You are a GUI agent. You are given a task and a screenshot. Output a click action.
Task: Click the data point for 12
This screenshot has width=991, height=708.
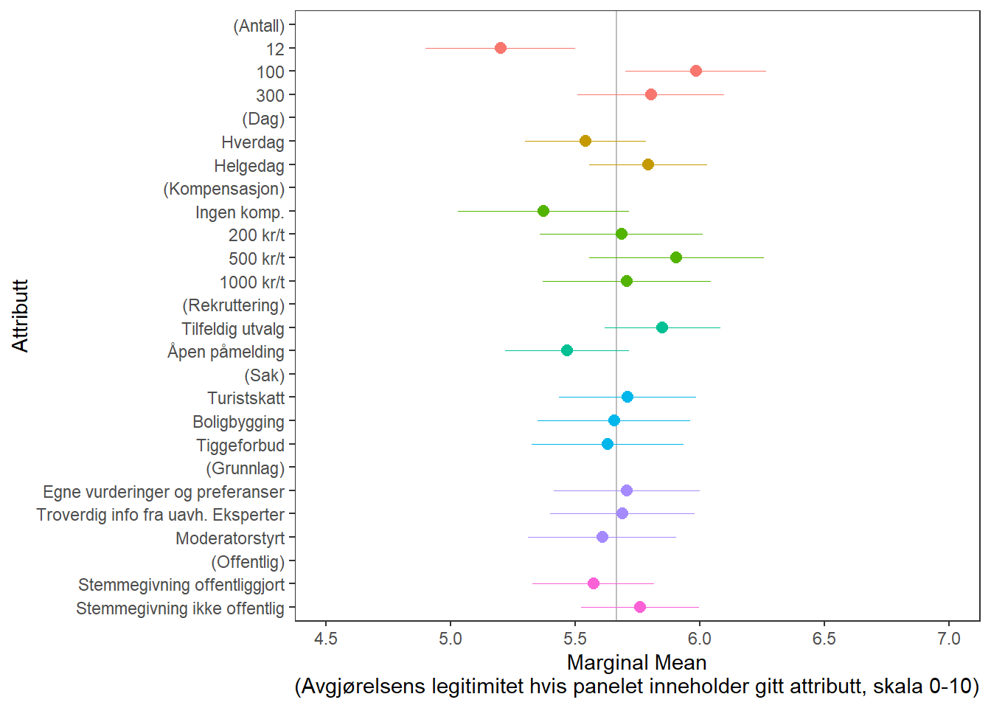coord(501,48)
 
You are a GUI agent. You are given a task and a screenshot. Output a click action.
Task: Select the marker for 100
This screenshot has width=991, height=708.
coord(696,71)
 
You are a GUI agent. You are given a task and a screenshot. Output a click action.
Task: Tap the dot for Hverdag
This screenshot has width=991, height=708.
coord(585,141)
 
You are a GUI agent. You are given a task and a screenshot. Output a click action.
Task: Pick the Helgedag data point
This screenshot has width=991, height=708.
coord(648,164)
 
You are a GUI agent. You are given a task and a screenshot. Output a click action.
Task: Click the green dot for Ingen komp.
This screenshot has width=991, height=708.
coord(543,211)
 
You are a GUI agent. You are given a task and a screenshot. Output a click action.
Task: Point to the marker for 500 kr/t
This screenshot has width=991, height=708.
coord(676,257)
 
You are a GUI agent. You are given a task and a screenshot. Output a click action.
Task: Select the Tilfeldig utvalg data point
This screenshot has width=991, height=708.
coord(662,327)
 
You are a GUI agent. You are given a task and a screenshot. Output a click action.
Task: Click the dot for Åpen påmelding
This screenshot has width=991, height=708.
coord(567,350)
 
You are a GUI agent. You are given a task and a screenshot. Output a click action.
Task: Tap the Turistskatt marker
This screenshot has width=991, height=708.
coord(627,397)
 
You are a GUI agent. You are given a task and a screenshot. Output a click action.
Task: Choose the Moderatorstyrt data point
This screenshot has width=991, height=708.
coord(602,537)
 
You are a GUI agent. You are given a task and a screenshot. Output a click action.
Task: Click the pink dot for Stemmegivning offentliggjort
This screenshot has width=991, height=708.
coord(594,583)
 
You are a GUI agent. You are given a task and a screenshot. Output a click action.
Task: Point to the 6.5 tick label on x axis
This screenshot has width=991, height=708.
coord(824,638)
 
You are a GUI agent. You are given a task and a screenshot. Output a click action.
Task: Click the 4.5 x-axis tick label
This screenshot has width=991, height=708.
coord(326,638)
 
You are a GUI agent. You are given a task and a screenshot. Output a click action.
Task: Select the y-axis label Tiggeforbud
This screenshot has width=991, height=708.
coord(240,445)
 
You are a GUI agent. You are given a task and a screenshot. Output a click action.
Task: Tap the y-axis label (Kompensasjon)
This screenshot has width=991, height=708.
coord(224,189)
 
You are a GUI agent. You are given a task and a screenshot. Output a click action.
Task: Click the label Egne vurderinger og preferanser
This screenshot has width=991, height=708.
coord(164,492)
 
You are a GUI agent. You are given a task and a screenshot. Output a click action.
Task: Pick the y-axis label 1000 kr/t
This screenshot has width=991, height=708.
coord(252,282)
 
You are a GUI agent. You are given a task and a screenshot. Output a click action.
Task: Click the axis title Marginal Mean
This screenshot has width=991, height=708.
coord(636,662)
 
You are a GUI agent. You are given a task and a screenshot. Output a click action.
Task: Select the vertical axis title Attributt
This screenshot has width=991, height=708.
coord(20,316)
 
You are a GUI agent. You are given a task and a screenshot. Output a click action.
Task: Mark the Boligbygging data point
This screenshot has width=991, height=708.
coord(614,420)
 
